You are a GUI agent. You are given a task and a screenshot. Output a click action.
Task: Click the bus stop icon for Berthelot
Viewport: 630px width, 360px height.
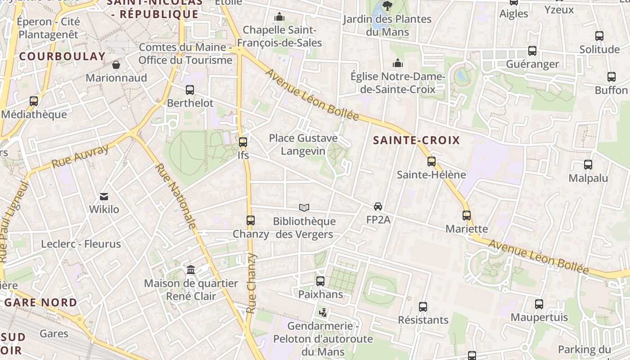click(x=190, y=90)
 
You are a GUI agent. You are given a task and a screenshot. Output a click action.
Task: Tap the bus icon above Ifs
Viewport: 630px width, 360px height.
click(x=243, y=142)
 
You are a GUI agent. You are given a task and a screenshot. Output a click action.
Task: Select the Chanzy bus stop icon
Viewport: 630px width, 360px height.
click(x=251, y=220)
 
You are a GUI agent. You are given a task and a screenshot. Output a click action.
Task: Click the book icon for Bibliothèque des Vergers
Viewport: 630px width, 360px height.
click(x=304, y=207)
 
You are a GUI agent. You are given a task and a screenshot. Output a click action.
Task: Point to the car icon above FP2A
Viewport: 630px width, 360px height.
click(x=378, y=207)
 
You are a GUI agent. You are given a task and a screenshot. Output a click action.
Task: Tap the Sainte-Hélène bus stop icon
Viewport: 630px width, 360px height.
click(x=432, y=161)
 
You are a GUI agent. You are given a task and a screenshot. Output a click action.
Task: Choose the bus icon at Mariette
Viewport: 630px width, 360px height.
click(x=467, y=216)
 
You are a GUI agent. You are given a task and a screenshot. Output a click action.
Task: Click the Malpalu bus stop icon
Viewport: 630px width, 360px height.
click(x=588, y=165)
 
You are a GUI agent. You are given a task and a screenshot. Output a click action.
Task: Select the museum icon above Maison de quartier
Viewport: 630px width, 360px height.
click(x=191, y=270)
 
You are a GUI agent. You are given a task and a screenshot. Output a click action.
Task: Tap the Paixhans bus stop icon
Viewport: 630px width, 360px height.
click(x=320, y=281)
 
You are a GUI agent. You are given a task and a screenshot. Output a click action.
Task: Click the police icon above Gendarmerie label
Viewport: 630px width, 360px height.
click(x=323, y=312)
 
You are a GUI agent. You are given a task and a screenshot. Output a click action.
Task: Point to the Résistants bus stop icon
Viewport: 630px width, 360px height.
click(x=423, y=307)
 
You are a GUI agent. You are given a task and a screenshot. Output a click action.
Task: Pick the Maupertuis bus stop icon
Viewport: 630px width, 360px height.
click(x=539, y=304)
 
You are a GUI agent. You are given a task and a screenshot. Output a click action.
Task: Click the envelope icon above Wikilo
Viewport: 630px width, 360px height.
click(x=104, y=196)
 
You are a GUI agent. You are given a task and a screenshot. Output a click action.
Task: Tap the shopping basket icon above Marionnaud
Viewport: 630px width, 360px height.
click(x=116, y=65)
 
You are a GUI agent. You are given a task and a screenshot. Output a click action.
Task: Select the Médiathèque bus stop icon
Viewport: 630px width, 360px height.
click(x=34, y=101)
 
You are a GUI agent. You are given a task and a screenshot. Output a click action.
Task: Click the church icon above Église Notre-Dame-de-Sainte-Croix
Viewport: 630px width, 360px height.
click(x=398, y=63)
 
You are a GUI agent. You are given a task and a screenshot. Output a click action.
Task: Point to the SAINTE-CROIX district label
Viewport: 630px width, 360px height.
click(x=417, y=140)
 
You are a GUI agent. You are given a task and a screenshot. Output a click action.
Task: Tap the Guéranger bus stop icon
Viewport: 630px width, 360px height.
click(x=532, y=51)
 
